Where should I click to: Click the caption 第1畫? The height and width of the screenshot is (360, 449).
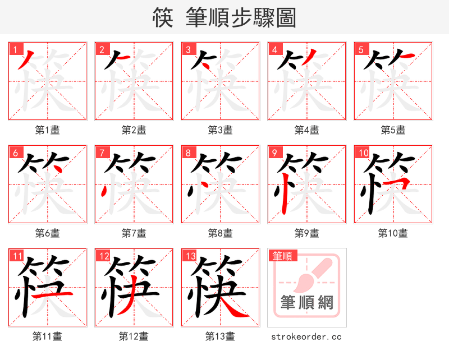(x=47, y=130)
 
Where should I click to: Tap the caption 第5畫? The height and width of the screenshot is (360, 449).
(x=393, y=130)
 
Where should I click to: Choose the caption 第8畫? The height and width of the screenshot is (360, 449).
(x=220, y=233)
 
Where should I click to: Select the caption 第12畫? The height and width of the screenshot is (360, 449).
(x=134, y=336)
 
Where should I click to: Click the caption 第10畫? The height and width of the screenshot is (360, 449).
(x=393, y=233)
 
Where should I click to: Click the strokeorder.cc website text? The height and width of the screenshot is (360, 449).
(x=306, y=336)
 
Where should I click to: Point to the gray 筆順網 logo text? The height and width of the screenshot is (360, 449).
(x=307, y=303)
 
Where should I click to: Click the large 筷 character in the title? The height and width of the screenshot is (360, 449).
(x=162, y=18)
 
